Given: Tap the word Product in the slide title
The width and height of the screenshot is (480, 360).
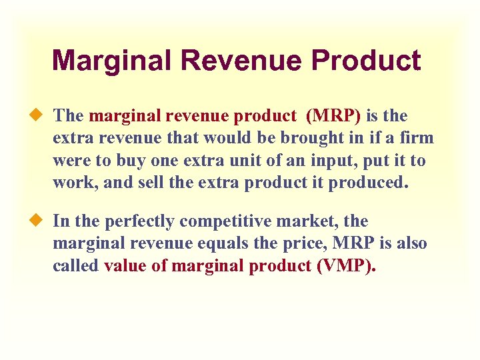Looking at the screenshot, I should coord(365,61).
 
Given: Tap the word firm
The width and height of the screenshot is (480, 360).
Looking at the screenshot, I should coord(417,139).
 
